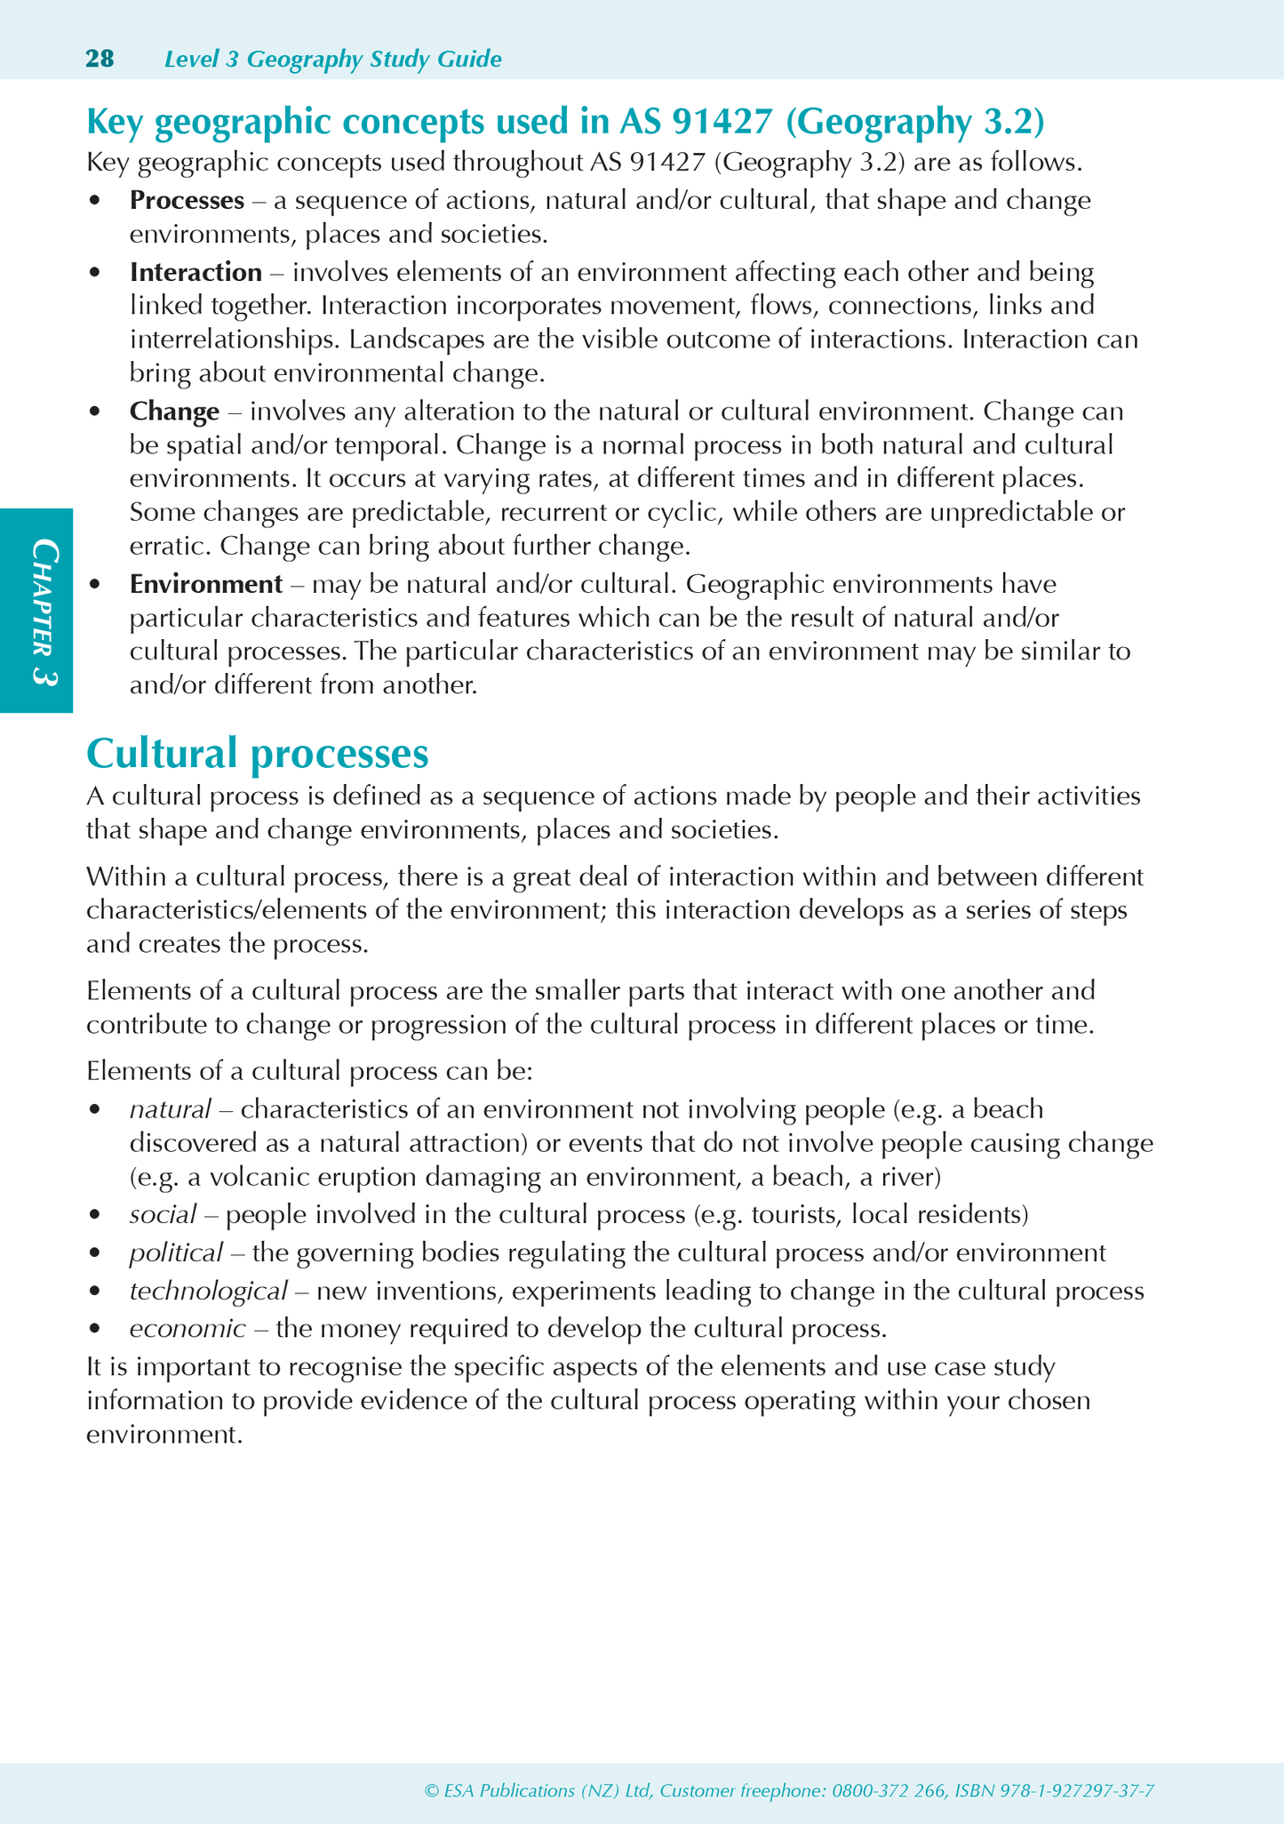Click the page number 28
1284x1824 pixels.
[100, 59]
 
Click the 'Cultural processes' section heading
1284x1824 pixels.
[258, 754]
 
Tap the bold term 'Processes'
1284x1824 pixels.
[187, 200]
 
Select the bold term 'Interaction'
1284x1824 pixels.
[195, 271]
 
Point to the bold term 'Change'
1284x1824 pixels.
[174, 412]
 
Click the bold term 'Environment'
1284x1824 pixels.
[205, 584]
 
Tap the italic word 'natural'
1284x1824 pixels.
[170, 1109]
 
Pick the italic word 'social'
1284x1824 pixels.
[163, 1214]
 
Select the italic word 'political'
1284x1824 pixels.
[175, 1252]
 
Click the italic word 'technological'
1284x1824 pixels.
[208, 1291]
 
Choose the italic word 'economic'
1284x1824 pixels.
[187, 1329]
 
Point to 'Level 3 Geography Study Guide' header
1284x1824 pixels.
[333, 60]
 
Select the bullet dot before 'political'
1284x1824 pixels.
[95, 1253]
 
